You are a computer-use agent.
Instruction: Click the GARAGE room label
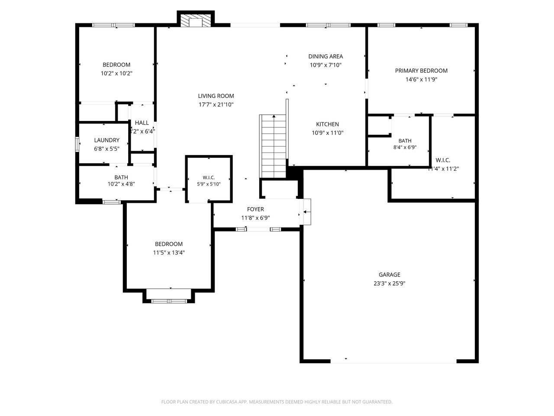point(389,274)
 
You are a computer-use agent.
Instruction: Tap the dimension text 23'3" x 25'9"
point(389,283)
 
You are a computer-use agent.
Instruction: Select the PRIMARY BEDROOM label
point(421,71)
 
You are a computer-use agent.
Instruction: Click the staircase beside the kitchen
point(273,146)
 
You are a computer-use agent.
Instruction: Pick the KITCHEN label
point(327,124)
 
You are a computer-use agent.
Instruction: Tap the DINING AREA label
point(325,56)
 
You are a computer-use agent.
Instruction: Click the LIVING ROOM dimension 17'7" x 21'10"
point(216,104)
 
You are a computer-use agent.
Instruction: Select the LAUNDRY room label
point(106,140)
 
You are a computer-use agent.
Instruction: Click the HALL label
point(142,123)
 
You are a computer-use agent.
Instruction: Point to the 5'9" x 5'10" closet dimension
point(209,184)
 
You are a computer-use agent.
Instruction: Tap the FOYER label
point(255,209)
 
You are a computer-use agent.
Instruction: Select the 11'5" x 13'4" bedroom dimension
point(169,253)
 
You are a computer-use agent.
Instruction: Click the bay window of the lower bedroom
point(169,300)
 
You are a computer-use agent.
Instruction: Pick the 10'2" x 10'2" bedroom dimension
point(116,74)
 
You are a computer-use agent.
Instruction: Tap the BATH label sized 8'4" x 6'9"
point(405,141)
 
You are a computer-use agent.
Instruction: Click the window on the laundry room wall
point(77,144)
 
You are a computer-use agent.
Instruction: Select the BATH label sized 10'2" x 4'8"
point(121,177)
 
